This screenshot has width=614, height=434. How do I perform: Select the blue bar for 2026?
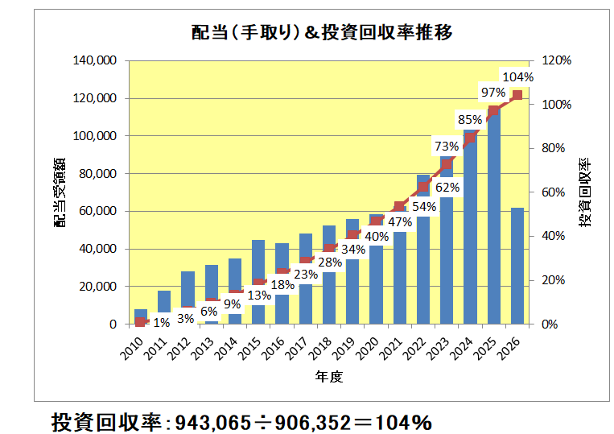517,266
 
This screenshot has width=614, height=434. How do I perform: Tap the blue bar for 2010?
141,313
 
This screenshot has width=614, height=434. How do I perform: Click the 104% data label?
517,77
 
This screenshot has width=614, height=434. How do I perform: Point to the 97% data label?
493,92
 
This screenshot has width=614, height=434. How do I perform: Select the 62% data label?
447,188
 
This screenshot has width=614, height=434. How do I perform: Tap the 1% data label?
162,323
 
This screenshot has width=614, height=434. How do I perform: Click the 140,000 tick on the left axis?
96,60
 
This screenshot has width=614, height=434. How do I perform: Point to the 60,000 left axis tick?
99,212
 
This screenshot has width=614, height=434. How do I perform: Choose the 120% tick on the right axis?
555,60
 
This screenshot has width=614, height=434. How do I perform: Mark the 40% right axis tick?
555,236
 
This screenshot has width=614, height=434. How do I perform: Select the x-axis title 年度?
329,377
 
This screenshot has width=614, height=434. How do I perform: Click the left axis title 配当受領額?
60,192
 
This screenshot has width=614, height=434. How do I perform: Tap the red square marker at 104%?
517,95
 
